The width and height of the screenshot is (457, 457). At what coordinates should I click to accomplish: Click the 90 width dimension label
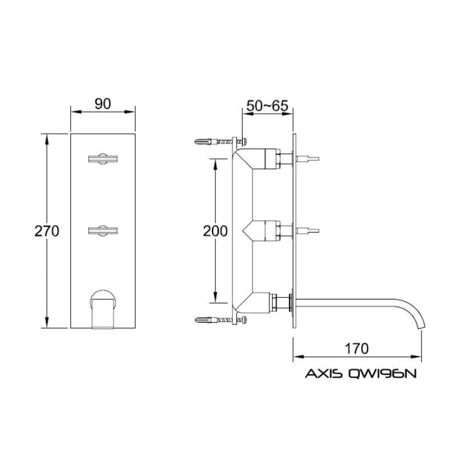[103, 104]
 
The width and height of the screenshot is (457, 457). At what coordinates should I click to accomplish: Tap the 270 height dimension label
[47, 231]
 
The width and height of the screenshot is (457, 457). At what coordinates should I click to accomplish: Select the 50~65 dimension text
[267, 106]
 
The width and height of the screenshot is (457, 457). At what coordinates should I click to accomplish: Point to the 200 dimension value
[215, 231]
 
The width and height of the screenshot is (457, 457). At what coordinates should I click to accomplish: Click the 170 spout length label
[356, 348]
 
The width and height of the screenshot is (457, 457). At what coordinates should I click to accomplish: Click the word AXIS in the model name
[323, 374]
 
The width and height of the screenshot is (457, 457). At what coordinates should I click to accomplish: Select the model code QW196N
[382, 374]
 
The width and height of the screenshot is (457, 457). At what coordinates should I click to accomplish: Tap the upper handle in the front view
[103, 159]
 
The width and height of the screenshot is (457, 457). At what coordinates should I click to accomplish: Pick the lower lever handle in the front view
[103, 231]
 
